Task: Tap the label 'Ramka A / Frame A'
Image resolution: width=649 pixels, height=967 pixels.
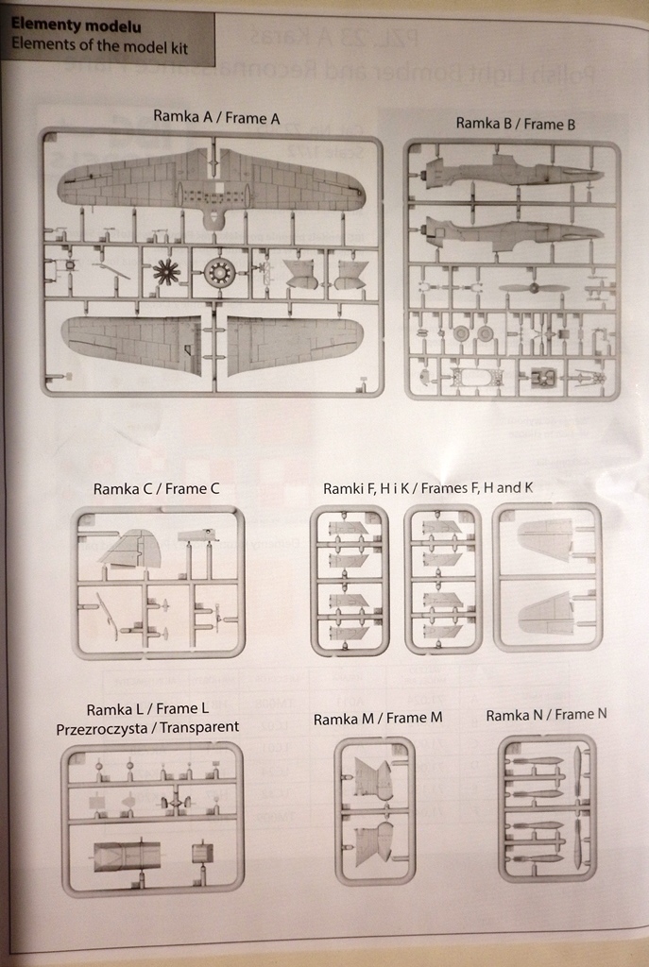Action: click(216, 116)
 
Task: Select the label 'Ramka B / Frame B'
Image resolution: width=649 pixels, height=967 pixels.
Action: click(515, 123)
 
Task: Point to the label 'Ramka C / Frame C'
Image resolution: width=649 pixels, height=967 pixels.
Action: click(156, 488)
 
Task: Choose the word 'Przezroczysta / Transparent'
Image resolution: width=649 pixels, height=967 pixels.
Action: click(147, 727)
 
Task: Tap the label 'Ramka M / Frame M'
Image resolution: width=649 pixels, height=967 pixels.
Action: click(378, 719)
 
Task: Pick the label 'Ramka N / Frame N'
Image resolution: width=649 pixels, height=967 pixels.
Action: click(546, 715)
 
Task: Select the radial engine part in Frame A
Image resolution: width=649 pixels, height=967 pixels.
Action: click(167, 272)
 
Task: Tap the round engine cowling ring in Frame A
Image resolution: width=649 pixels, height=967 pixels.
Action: click(219, 273)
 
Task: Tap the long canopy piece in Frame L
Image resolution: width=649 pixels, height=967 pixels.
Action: click(127, 856)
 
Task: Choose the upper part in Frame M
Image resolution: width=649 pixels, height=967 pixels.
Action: click(373, 779)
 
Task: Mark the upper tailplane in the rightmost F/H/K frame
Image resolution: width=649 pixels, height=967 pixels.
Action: click(546, 540)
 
